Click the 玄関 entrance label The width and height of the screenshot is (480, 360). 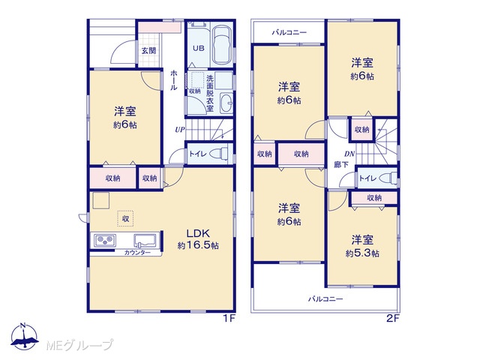pyautogui.click(x=148, y=50)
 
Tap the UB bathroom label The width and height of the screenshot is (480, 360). pyautogui.click(x=198, y=48)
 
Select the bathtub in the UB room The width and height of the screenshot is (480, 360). pyautogui.click(x=221, y=45)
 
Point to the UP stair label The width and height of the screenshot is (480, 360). pyautogui.click(x=180, y=130)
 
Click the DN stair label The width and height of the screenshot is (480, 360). pyautogui.click(x=349, y=154)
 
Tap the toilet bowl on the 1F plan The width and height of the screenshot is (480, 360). pyautogui.click(x=220, y=153)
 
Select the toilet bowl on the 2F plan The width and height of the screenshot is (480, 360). pyautogui.click(x=390, y=178)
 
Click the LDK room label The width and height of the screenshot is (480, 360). pyautogui.click(x=198, y=233)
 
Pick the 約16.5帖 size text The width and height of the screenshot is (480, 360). pyautogui.click(x=198, y=245)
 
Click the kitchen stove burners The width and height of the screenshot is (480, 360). pyautogui.click(x=105, y=240)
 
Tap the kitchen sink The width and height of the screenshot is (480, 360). pyautogui.click(x=145, y=240)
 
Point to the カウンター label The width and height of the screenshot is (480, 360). pyautogui.click(x=137, y=253)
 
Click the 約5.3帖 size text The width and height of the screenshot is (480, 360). pyautogui.click(x=362, y=253)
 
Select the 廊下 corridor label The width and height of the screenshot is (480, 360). pyautogui.click(x=341, y=165)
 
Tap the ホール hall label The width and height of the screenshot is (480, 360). pyautogui.click(x=173, y=80)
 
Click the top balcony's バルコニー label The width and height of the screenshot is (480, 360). pyautogui.click(x=289, y=32)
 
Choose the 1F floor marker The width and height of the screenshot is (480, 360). pyautogui.click(x=229, y=319)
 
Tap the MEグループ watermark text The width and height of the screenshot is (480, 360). pyautogui.click(x=79, y=345)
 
